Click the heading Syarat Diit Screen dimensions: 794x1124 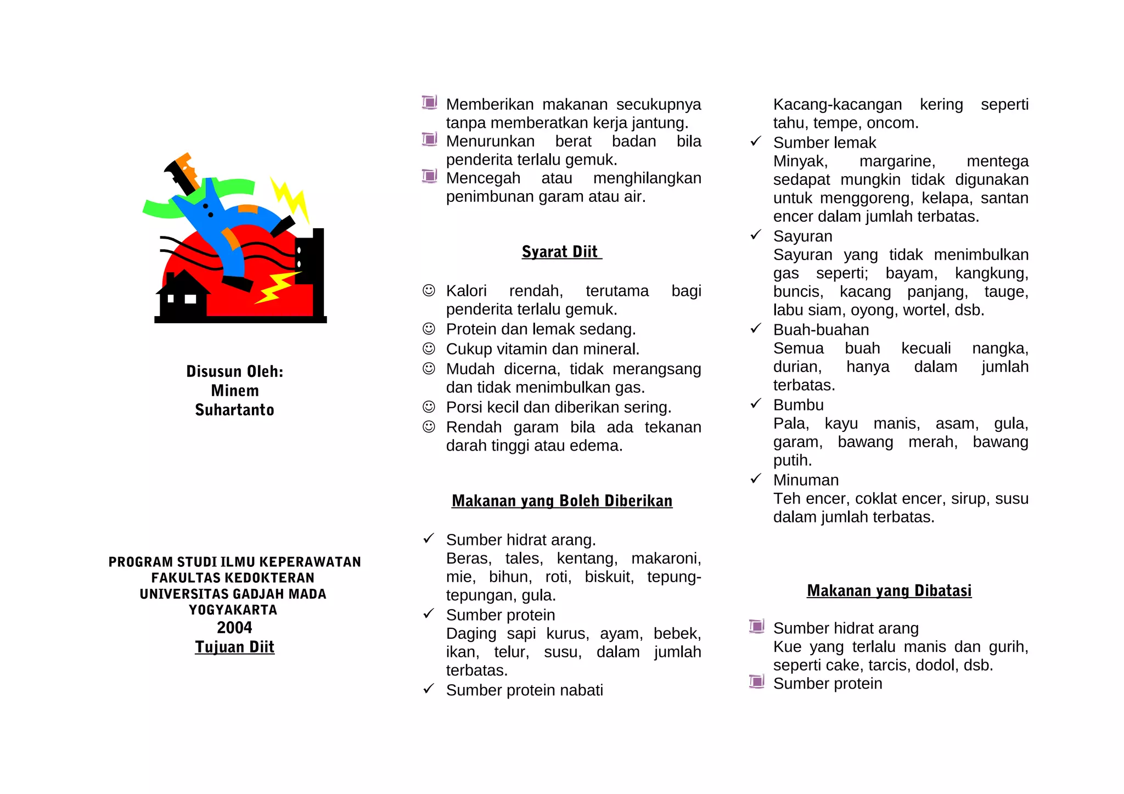pos(561,252)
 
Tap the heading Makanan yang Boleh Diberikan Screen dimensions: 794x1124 pos(561,501)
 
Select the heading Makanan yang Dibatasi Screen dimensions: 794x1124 pos(889,591)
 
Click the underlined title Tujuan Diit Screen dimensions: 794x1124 pos(234,647)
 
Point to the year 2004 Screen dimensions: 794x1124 pos(234,628)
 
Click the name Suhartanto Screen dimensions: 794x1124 pos(234,410)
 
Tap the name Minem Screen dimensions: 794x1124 pos(234,391)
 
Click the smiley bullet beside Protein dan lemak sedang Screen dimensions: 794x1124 pos(429,329)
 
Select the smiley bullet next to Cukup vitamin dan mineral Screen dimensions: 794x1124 pos(429,348)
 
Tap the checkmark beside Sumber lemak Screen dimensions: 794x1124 pos(756,142)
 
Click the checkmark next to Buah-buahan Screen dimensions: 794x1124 pos(756,329)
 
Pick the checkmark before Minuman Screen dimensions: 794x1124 pos(756,479)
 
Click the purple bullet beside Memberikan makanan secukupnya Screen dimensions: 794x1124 pos(429,103)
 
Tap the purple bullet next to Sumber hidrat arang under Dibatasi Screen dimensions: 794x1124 pos(756,626)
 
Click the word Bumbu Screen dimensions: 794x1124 pos(798,405)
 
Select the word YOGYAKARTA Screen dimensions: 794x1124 pos(233,610)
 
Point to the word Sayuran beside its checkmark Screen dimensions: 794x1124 pos(802,236)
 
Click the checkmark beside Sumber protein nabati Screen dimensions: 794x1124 pos(429,689)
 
